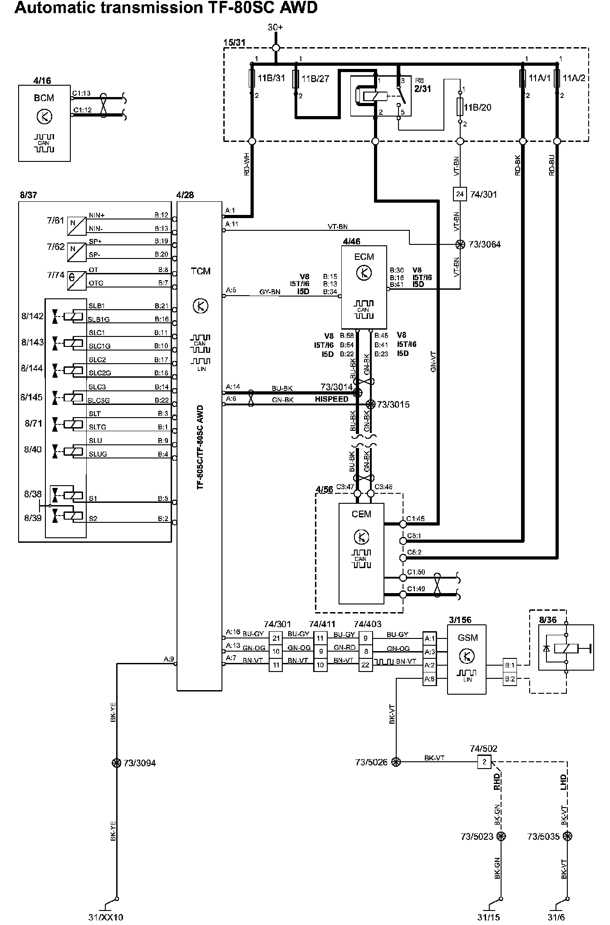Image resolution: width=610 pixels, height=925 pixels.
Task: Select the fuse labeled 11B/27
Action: (x=295, y=78)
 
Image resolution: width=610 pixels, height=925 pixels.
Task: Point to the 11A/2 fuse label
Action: (x=575, y=78)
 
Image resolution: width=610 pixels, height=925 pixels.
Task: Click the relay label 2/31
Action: (x=423, y=89)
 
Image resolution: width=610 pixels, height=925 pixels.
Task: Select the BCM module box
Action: (x=44, y=123)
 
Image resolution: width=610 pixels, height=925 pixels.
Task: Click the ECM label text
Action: (x=364, y=257)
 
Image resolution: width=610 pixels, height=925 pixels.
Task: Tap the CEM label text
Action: (x=361, y=514)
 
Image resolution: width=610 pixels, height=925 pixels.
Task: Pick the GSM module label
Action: (x=467, y=638)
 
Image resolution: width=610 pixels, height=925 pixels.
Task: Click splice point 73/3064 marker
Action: (x=460, y=244)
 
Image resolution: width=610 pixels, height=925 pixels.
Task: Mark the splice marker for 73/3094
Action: (x=117, y=763)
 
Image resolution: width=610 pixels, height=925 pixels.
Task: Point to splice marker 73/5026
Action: (x=396, y=762)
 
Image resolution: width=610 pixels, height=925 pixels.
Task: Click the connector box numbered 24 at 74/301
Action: (x=460, y=195)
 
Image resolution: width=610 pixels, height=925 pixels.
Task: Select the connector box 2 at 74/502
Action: (x=484, y=762)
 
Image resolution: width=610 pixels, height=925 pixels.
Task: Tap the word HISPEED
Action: (x=332, y=399)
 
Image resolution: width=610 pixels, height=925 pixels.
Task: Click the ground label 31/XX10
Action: (x=106, y=917)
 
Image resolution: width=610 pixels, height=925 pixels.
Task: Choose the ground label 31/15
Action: (x=488, y=917)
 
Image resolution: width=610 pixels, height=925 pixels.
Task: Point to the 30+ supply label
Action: (x=275, y=27)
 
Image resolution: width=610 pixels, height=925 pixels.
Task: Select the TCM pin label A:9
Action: (x=169, y=659)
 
